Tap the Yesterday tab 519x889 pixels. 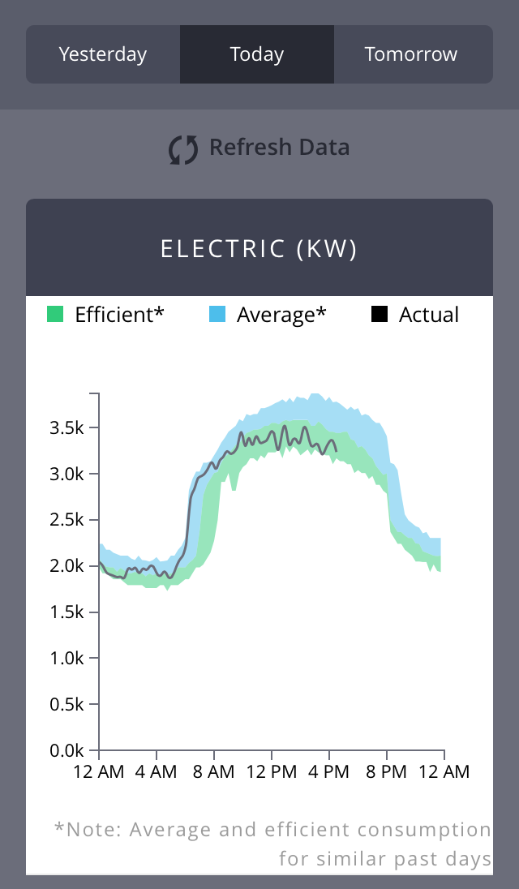point(103,54)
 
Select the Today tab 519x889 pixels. point(257,54)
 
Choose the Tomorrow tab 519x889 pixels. point(411,54)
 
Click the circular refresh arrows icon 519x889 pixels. point(183,149)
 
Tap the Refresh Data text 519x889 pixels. point(280,148)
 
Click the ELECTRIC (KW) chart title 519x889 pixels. point(259,249)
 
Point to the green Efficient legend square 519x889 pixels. point(55,315)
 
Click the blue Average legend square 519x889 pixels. point(217,315)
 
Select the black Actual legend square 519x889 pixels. point(380,315)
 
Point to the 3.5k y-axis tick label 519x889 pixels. point(69,427)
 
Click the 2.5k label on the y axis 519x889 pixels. point(69,520)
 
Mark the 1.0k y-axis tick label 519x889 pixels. point(69,659)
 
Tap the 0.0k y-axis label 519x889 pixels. point(69,751)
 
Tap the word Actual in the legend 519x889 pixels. point(429,315)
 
